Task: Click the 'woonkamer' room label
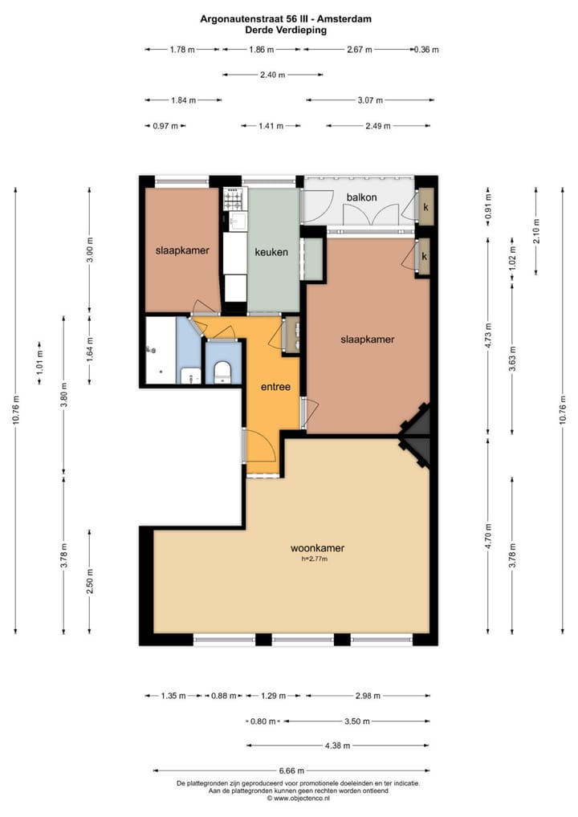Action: pyautogui.click(x=317, y=548)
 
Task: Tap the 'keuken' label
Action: pyautogui.click(x=271, y=252)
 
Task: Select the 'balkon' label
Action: pyautogui.click(x=362, y=197)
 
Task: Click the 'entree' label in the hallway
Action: pyautogui.click(x=275, y=387)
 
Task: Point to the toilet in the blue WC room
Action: pyautogui.click(x=222, y=372)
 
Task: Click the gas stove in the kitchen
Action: pyautogui.click(x=233, y=199)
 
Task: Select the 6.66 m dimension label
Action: pyautogui.click(x=292, y=770)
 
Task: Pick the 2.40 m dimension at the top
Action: pyautogui.click(x=273, y=75)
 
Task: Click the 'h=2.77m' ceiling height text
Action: pyautogui.click(x=315, y=559)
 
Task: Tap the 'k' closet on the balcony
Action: pyautogui.click(x=425, y=207)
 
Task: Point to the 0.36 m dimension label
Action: pyautogui.click(x=427, y=50)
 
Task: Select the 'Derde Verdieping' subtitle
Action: pyautogui.click(x=286, y=30)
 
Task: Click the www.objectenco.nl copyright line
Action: pyautogui.click(x=298, y=798)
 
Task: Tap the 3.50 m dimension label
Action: pyautogui.click(x=357, y=721)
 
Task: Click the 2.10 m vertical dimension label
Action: pyautogui.click(x=537, y=231)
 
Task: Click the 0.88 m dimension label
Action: pyautogui.click(x=224, y=696)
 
